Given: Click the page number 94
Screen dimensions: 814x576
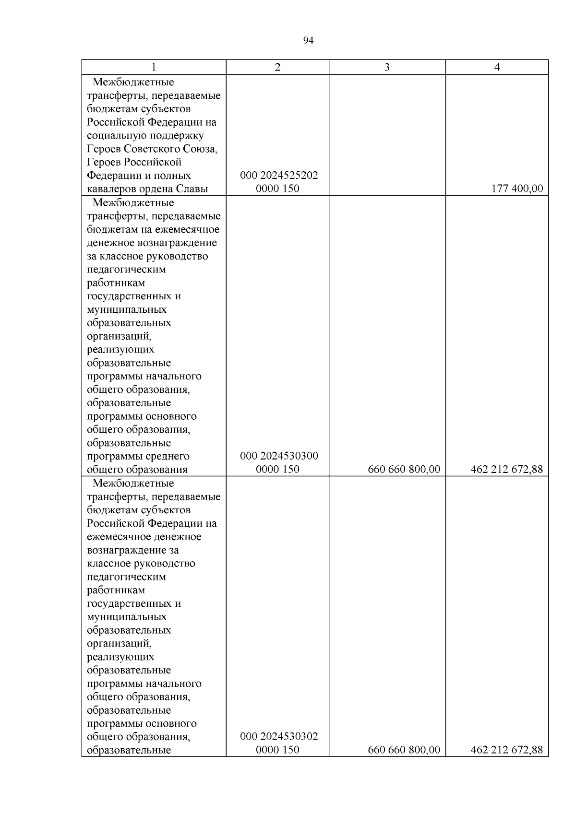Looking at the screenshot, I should (308, 41).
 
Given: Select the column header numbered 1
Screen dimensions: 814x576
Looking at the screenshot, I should (154, 67).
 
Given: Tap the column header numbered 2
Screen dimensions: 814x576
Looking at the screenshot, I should (277, 67).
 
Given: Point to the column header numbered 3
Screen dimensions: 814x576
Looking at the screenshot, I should (387, 67).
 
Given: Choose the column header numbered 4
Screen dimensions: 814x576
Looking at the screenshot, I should (497, 67).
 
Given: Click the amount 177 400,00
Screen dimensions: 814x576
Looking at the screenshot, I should (517, 189).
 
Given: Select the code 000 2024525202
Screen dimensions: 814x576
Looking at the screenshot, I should (279, 176).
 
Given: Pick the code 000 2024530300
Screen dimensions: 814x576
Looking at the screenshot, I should (279, 456).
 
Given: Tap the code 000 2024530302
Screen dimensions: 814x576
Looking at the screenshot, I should (279, 736).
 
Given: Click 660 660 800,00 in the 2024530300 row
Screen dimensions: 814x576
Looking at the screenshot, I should (404, 469).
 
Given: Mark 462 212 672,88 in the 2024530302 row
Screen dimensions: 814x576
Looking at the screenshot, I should (507, 750).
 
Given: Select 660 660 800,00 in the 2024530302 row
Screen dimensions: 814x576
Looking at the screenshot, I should (404, 750).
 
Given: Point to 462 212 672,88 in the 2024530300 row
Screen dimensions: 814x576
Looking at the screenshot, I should (507, 469).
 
